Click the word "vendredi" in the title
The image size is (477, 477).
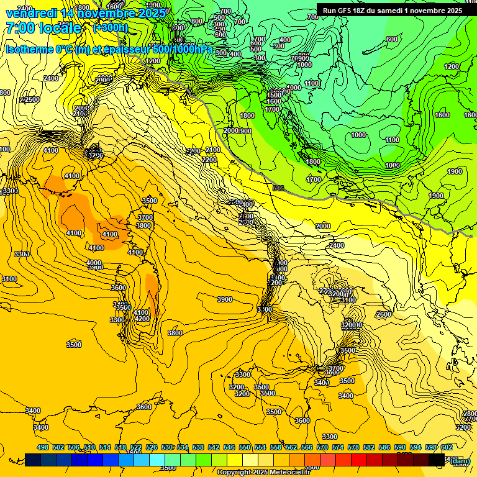click(x=30, y=13)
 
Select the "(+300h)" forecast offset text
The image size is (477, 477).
click(x=110, y=28)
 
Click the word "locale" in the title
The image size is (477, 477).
click(x=61, y=28)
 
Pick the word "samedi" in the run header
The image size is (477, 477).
click(x=402, y=10)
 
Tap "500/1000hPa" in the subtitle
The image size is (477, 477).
click(x=181, y=49)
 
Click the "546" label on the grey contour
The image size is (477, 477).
click(x=278, y=188)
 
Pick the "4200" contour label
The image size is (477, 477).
click(x=142, y=319)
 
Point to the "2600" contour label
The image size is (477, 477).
click(x=384, y=314)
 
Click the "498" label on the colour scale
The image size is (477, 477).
click(x=43, y=447)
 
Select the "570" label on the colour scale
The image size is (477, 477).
click(x=322, y=447)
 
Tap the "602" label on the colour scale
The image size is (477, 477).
click(x=447, y=447)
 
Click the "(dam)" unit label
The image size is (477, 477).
click(x=460, y=461)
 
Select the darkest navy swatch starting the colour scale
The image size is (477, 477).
click(x=33, y=460)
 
